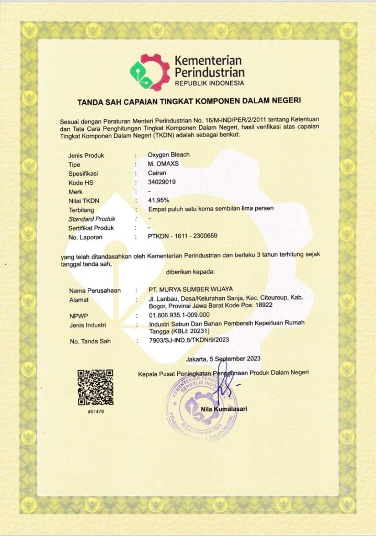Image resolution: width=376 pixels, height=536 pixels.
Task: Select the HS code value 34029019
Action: pos(162,182)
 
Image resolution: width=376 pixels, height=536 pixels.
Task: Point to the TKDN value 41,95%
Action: pos(159,200)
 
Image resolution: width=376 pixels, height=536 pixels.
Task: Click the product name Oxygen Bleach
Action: pos(168,155)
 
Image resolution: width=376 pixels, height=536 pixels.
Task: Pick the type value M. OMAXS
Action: pos(163,164)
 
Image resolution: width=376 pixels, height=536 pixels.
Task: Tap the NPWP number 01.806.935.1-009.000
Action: pos(179,315)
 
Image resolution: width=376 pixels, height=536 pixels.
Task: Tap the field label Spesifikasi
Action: pos(84,173)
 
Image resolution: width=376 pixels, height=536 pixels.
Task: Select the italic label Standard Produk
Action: pos(92,218)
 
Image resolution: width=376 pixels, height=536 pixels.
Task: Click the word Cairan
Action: pos(157,173)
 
